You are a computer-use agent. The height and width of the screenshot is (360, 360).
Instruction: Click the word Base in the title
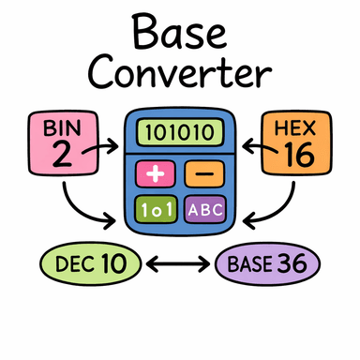click(180, 32)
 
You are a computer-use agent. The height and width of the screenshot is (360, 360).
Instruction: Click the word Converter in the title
click(180, 73)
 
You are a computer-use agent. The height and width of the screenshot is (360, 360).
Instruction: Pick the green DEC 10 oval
click(90, 263)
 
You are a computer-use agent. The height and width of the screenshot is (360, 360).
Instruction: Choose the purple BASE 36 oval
click(268, 263)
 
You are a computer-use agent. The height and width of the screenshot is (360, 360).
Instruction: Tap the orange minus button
click(202, 173)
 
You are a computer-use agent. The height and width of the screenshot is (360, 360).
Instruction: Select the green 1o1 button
click(156, 208)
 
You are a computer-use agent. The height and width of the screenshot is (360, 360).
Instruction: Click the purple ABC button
click(203, 208)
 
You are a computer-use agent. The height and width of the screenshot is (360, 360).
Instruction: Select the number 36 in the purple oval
click(293, 264)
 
